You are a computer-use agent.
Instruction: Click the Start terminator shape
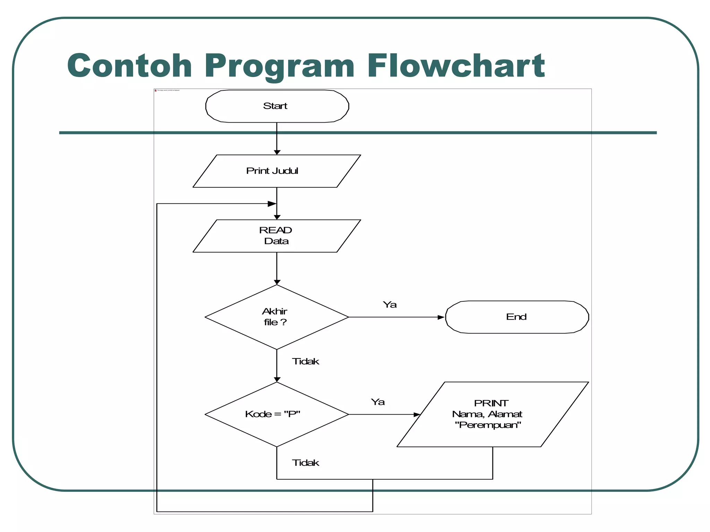point(277,106)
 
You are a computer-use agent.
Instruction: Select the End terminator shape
point(517,317)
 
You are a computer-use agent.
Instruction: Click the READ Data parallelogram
point(277,236)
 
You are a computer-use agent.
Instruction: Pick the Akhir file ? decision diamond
point(277,317)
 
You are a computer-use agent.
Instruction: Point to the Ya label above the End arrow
point(390,305)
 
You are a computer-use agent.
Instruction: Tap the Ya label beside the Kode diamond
point(378,402)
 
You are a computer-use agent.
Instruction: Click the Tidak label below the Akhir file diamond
point(305,362)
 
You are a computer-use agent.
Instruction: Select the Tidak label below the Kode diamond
point(305,463)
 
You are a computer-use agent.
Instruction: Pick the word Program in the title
point(279,66)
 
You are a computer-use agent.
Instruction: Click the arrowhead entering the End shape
point(441,317)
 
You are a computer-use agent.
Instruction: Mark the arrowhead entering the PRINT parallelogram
point(417,415)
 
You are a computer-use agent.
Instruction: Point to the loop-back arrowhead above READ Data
point(272,204)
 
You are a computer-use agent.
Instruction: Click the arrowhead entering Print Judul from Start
point(277,152)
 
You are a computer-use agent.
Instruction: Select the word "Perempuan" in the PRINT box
point(488,425)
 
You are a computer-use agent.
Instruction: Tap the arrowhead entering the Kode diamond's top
point(277,380)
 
